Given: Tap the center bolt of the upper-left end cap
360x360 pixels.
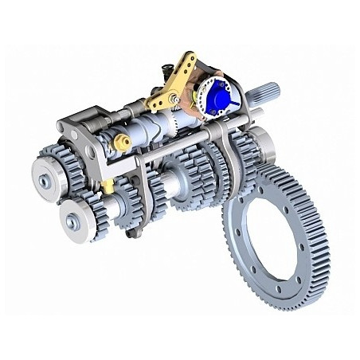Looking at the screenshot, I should (x=43, y=182).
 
